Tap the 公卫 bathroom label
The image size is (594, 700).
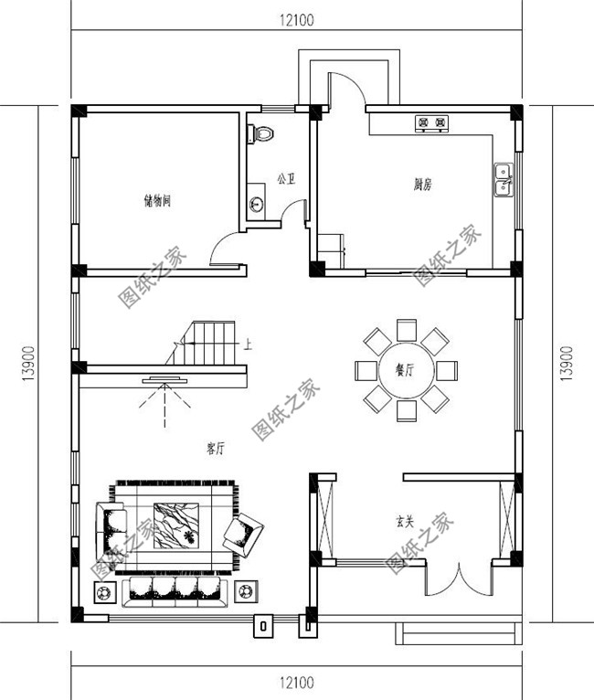(285, 179)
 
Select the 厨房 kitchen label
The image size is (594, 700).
(421, 185)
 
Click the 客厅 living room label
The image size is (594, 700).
(216, 448)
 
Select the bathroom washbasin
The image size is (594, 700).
(257, 203)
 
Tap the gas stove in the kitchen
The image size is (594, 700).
(431, 122)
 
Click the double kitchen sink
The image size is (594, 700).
(503, 180)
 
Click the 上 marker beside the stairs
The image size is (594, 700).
(249, 345)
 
